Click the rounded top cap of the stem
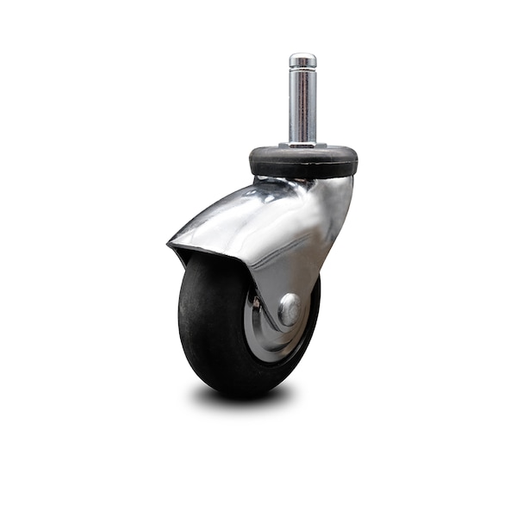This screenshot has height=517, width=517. [x=302, y=59]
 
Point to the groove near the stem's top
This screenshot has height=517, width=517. [x=302, y=69]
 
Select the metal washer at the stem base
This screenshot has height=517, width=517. [x=302, y=144]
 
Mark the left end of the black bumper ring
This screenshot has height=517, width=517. [x=252, y=162]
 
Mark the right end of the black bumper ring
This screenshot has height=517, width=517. [x=355, y=162]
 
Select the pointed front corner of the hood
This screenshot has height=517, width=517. [x=171, y=246]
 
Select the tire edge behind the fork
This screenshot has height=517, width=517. [x=314, y=310]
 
